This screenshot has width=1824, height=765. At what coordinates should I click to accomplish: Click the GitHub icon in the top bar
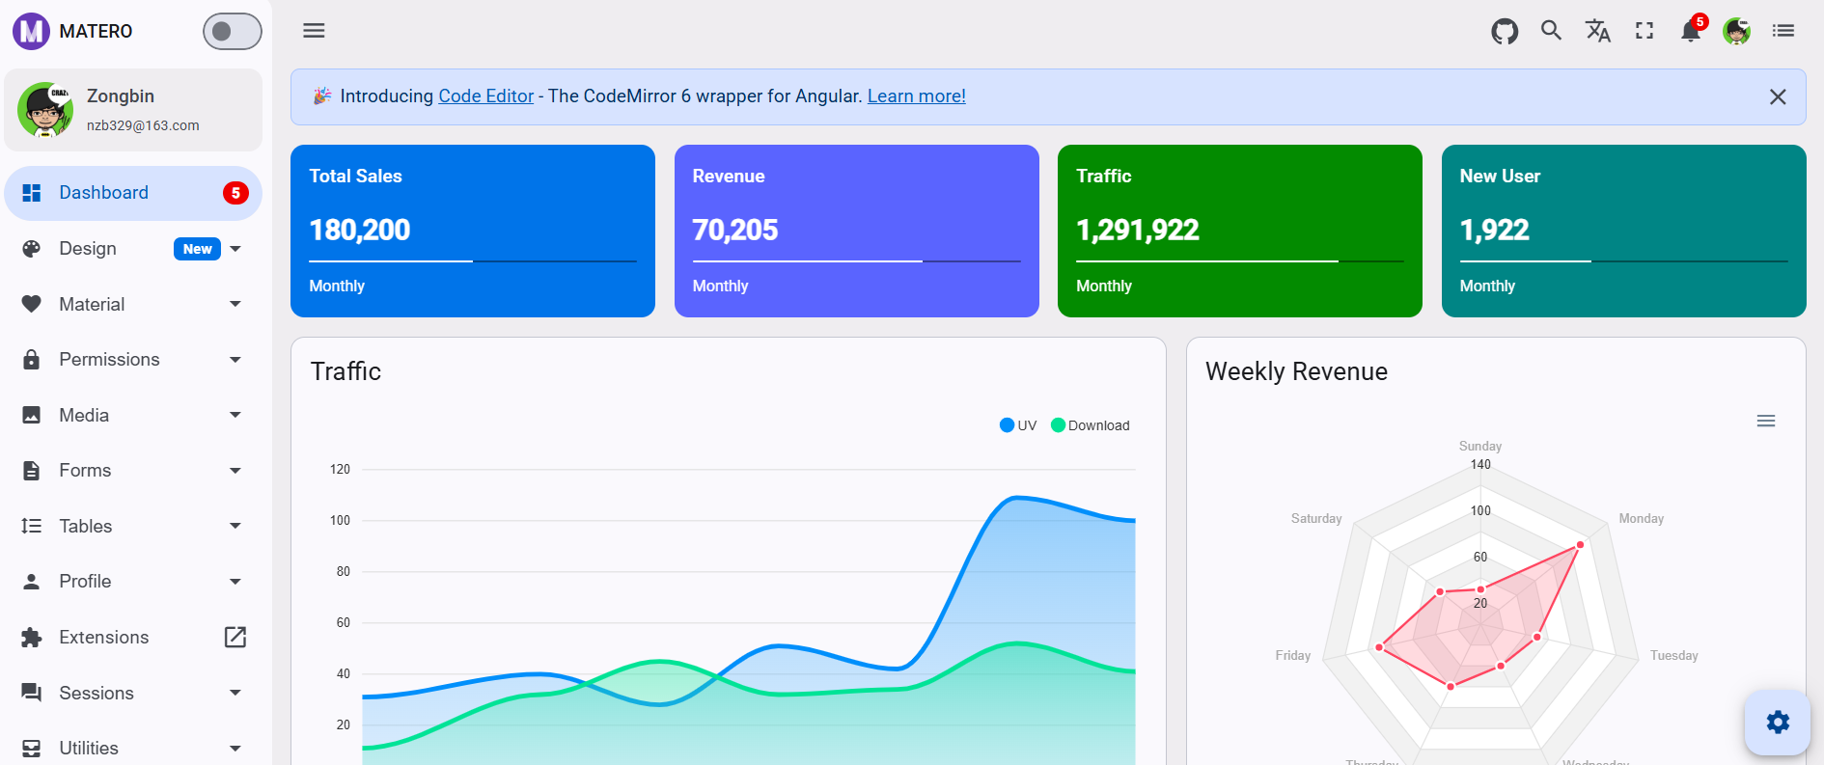click(1505, 31)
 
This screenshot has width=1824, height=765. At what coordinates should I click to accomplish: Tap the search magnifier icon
click(1551, 31)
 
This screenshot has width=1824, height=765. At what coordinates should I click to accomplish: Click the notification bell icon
click(1690, 32)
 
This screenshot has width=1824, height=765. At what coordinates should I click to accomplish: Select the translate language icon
click(1597, 31)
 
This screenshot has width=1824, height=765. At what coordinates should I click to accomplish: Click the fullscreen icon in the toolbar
click(1644, 31)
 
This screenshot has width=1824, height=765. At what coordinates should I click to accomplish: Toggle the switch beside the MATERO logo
click(232, 31)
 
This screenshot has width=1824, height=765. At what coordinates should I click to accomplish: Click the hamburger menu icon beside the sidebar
click(314, 31)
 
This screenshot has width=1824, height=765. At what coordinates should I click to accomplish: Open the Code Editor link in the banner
click(485, 96)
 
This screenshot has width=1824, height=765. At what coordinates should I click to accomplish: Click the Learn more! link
click(916, 96)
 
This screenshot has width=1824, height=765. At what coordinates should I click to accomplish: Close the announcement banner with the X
click(1777, 96)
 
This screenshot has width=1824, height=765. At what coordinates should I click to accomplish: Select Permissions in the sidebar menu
click(109, 360)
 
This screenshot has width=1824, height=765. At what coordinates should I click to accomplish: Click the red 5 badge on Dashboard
click(235, 193)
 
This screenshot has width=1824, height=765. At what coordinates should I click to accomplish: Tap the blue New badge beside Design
click(197, 249)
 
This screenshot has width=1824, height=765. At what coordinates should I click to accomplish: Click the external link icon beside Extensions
click(235, 637)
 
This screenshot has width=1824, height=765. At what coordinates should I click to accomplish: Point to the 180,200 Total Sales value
click(360, 231)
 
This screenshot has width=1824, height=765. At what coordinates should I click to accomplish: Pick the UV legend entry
click(1018, 425)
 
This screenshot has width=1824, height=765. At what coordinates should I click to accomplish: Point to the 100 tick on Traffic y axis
click(340, 521)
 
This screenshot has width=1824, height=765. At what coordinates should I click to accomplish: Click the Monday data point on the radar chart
click(1580, 545)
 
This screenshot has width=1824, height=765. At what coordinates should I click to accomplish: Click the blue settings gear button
click(1777, 722)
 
